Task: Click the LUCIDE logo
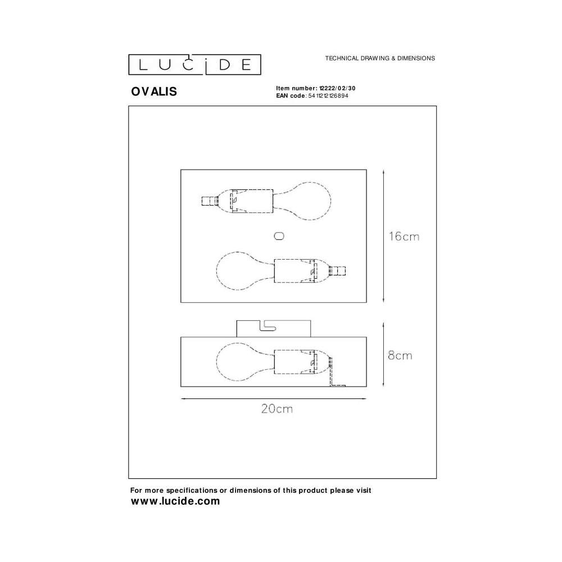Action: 194,65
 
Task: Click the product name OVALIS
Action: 154,92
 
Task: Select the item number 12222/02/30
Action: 337,88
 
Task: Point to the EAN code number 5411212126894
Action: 328,96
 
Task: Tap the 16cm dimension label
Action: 404,236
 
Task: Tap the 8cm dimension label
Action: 400,355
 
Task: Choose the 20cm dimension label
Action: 277,409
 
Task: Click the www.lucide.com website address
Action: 175,501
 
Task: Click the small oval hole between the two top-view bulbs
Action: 279,236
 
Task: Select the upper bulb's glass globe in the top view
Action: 311,201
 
